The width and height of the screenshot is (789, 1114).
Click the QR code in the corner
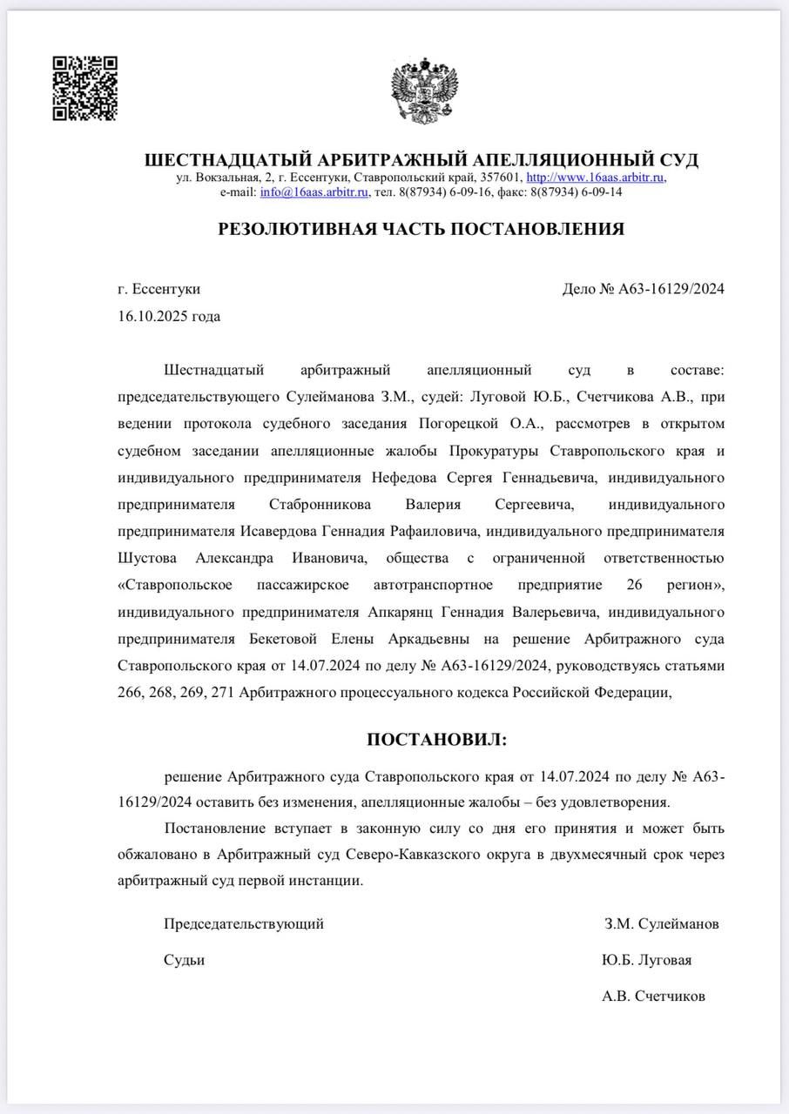85,88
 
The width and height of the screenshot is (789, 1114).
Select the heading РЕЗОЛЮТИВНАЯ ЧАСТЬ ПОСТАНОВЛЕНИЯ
421,229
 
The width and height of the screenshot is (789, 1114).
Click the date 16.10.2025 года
169,316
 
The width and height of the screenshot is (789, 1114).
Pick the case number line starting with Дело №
644,289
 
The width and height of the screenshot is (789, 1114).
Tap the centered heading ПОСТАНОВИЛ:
435,740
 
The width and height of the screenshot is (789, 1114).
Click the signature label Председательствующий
244,923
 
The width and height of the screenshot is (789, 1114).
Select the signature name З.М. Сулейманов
662,923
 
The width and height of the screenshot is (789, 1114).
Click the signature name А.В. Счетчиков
653,997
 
